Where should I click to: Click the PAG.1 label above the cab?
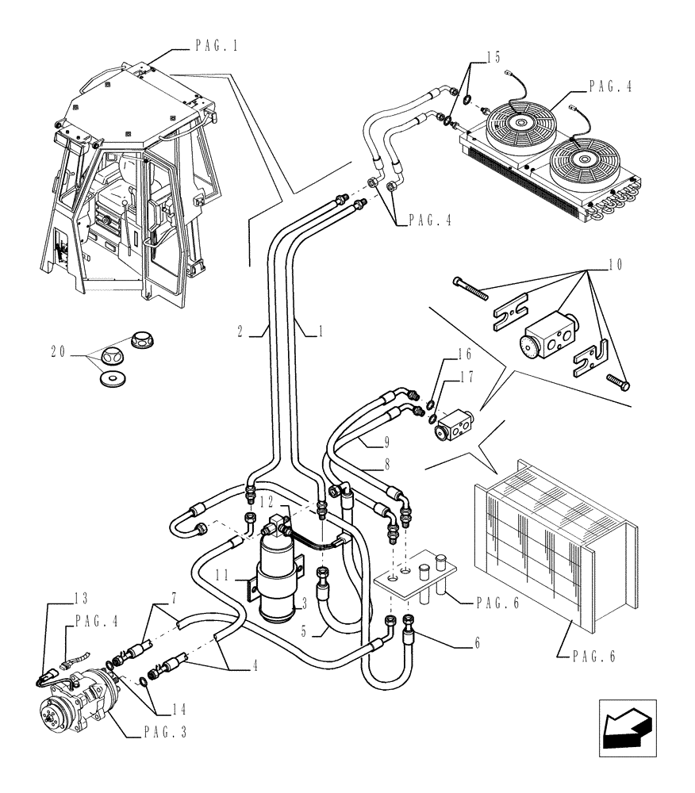(217, 47)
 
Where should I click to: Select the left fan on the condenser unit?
(520, 124)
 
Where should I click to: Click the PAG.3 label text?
(167, 734)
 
